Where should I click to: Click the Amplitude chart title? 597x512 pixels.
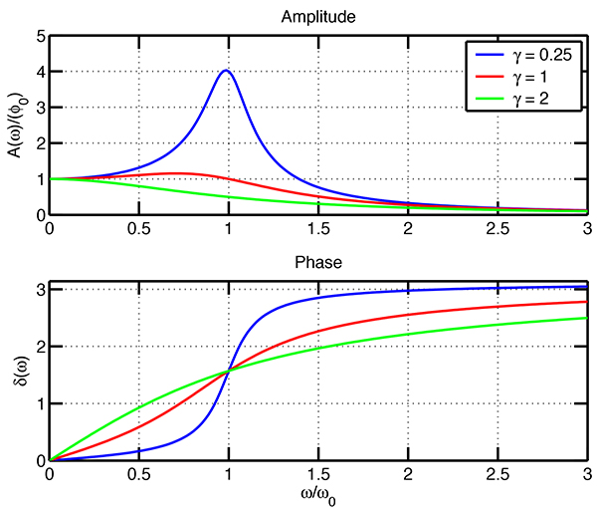pos(317,17)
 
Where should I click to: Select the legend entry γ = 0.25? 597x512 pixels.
pos(538,55)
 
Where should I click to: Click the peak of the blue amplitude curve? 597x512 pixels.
pos(227,71)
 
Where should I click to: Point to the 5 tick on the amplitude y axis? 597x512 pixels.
pos(40,36)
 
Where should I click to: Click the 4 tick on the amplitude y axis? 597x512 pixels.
pos(40,72)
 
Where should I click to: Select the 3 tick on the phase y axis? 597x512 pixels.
pos(40,289)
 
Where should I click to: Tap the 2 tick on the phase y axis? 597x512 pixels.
pos(40,347)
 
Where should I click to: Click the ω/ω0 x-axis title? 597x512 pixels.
pos(317,496)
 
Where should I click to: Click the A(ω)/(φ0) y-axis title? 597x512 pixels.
pos(14,125)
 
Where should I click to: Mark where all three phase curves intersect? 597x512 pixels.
pos(229,371)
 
